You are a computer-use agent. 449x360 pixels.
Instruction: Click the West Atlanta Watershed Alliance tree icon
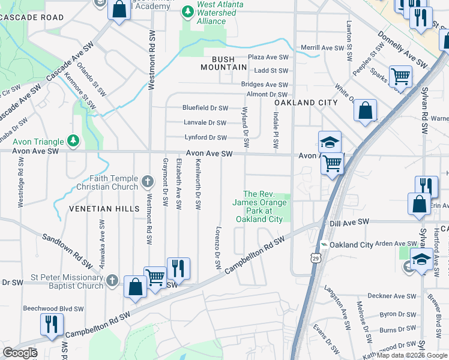point(188,11)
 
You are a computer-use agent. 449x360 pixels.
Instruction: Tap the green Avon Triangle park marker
point(73,142)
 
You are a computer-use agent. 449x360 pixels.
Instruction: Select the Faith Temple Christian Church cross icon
point(148,179)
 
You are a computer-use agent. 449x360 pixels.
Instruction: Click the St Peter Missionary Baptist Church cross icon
point(112,280)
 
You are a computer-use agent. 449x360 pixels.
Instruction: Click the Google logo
point(20,353)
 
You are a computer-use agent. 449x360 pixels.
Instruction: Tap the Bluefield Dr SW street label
point(205,108)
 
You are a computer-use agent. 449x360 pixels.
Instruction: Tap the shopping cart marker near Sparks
point(400,77)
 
